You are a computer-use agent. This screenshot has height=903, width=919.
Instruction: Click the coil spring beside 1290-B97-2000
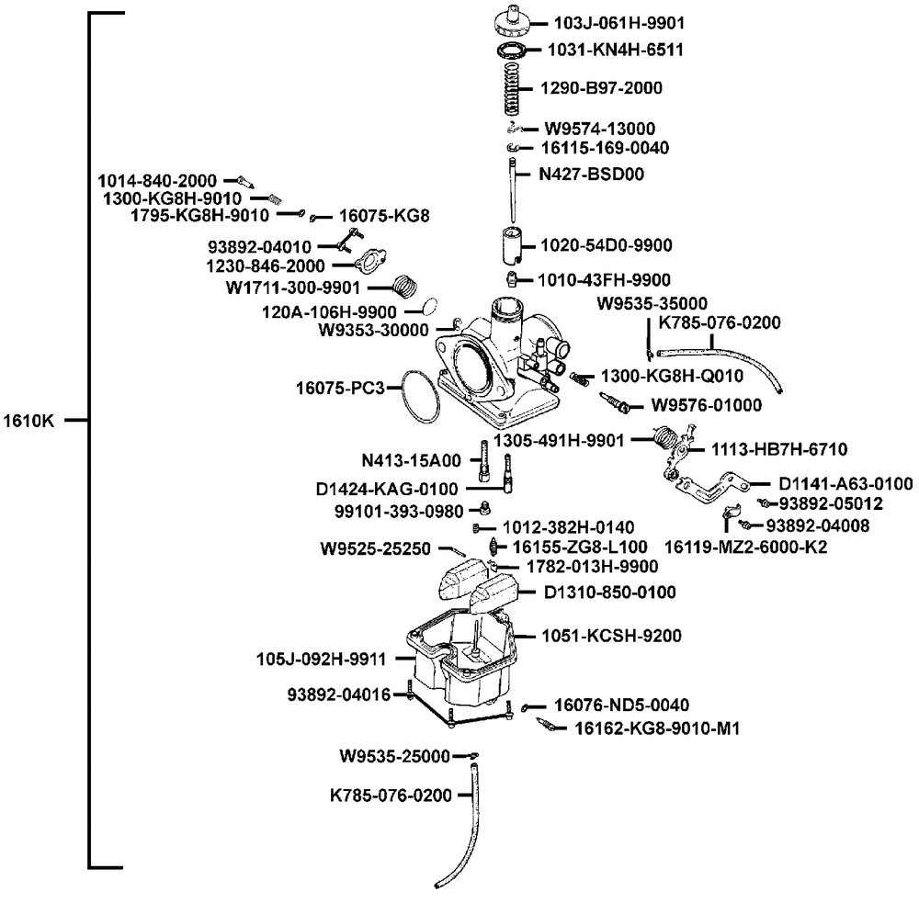click(514, 88)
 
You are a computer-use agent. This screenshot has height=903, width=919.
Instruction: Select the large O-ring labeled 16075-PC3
click(423, 396)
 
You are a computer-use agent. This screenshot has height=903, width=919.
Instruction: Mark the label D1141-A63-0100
click(845, 483)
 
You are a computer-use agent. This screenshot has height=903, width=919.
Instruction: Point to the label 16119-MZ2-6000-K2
click(746, 547)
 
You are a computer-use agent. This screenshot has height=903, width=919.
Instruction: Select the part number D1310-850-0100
click(609, 593)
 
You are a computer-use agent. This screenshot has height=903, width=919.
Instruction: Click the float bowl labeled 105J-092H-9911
click(459, 661)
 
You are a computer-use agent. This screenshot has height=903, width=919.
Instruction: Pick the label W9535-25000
click(394, 757)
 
